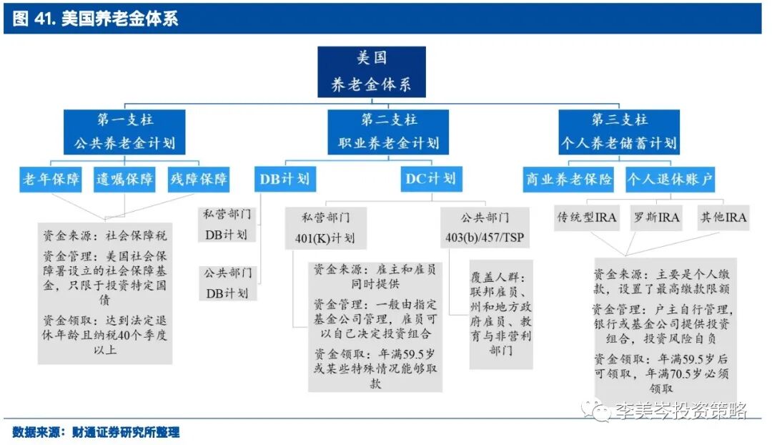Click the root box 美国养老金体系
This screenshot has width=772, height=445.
pos(372,72)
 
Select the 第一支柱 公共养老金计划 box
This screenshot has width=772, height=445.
pos(125,131)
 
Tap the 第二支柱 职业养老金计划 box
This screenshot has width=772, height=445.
pos(388,131)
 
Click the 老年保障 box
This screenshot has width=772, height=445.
pos(51,179)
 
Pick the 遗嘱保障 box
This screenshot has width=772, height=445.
pos(125,179)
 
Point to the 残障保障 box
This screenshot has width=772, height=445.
pos(198,179)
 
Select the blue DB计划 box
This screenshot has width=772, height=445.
pos(284,179)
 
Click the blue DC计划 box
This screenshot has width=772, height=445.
pos(430,178)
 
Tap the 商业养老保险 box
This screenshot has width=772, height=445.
pos(569,179)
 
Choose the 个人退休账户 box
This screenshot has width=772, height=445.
pos(670,179)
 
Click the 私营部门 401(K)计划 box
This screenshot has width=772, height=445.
pos(325,227)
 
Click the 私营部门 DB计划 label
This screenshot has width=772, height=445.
pos(227,223)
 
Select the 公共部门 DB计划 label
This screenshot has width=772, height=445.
pos(227,283)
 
